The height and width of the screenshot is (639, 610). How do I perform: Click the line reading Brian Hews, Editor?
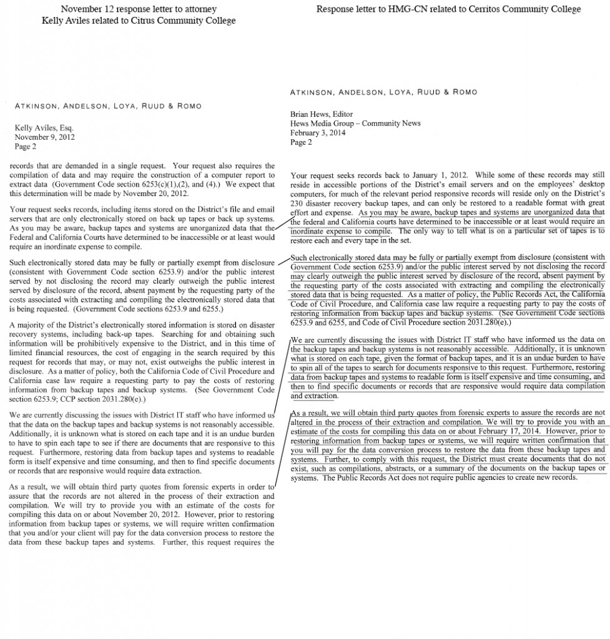click(322, 114)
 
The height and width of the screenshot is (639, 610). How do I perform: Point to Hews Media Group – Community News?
click(355, 124)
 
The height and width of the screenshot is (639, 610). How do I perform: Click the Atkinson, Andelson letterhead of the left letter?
click(108, 105)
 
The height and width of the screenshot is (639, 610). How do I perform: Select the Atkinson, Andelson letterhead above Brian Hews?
click(383, 92)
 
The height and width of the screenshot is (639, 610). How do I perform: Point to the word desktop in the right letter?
click(591, 185)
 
